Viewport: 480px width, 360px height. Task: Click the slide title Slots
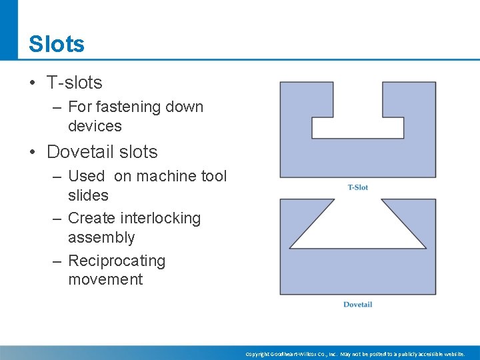click(x=57, y=45)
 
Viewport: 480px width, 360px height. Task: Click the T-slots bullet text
click(x=74, y=83)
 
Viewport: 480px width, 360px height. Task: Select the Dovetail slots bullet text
click(x=102, y=152)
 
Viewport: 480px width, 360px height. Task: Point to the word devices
click(x=95, y=126)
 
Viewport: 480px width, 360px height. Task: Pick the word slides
click(x=88, y=195)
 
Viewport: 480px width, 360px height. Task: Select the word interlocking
click(x=161, y=218)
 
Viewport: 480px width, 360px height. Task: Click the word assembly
click(x=101, y=237)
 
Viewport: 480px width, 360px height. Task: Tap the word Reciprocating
click(x=117, y=261)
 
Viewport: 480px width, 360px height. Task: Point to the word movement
click(x=105, y=279)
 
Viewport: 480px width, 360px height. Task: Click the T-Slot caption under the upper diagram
click(x=358, y=187)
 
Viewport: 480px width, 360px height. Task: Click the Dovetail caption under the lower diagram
click(x=357, y=305)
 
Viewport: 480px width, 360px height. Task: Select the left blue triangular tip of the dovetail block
click(x=300, y=213)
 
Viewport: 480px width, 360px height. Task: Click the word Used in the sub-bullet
click(x=86, y=176)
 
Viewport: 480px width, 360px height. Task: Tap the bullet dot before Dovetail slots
click(x=32, y=153)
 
